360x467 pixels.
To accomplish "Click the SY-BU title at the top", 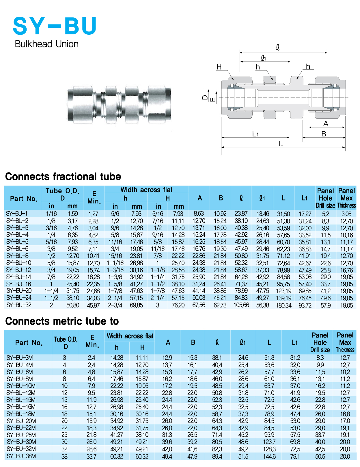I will (x=55, y=26).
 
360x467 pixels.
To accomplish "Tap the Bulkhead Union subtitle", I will (x=47, y=44).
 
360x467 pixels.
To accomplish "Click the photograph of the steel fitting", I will (x=119, y=105).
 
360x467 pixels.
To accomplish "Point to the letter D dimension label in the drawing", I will (x=205, y=97).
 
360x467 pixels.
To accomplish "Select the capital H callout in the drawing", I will (x=219, y=67).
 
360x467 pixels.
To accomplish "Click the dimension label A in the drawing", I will (x=326, y=124).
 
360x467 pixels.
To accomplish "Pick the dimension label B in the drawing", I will (x=324, y=134).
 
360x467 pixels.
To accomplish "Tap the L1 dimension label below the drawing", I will (x=255, y=134).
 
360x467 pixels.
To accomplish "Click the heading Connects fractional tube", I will (x=63, y=177).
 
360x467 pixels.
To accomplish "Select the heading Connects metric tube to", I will (x=62, y=321).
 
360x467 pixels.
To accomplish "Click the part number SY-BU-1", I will (x=17, y=214).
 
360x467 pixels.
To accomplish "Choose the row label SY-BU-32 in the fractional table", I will (x=19, y=305).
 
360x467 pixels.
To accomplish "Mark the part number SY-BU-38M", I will (x=21, y=456).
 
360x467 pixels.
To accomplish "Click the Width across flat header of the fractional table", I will (x=146, y=190).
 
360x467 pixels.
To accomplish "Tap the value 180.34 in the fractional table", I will (x=283, y=305).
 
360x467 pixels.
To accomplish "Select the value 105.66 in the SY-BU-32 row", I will (x=241, y=305).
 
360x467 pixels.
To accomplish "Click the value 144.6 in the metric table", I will (x=269, y=457).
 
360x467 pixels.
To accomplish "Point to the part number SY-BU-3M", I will (x=20, y=358).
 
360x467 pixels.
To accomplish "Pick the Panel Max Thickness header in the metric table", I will (x=345, y=342).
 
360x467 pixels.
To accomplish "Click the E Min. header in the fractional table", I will (x=94, y=197).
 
